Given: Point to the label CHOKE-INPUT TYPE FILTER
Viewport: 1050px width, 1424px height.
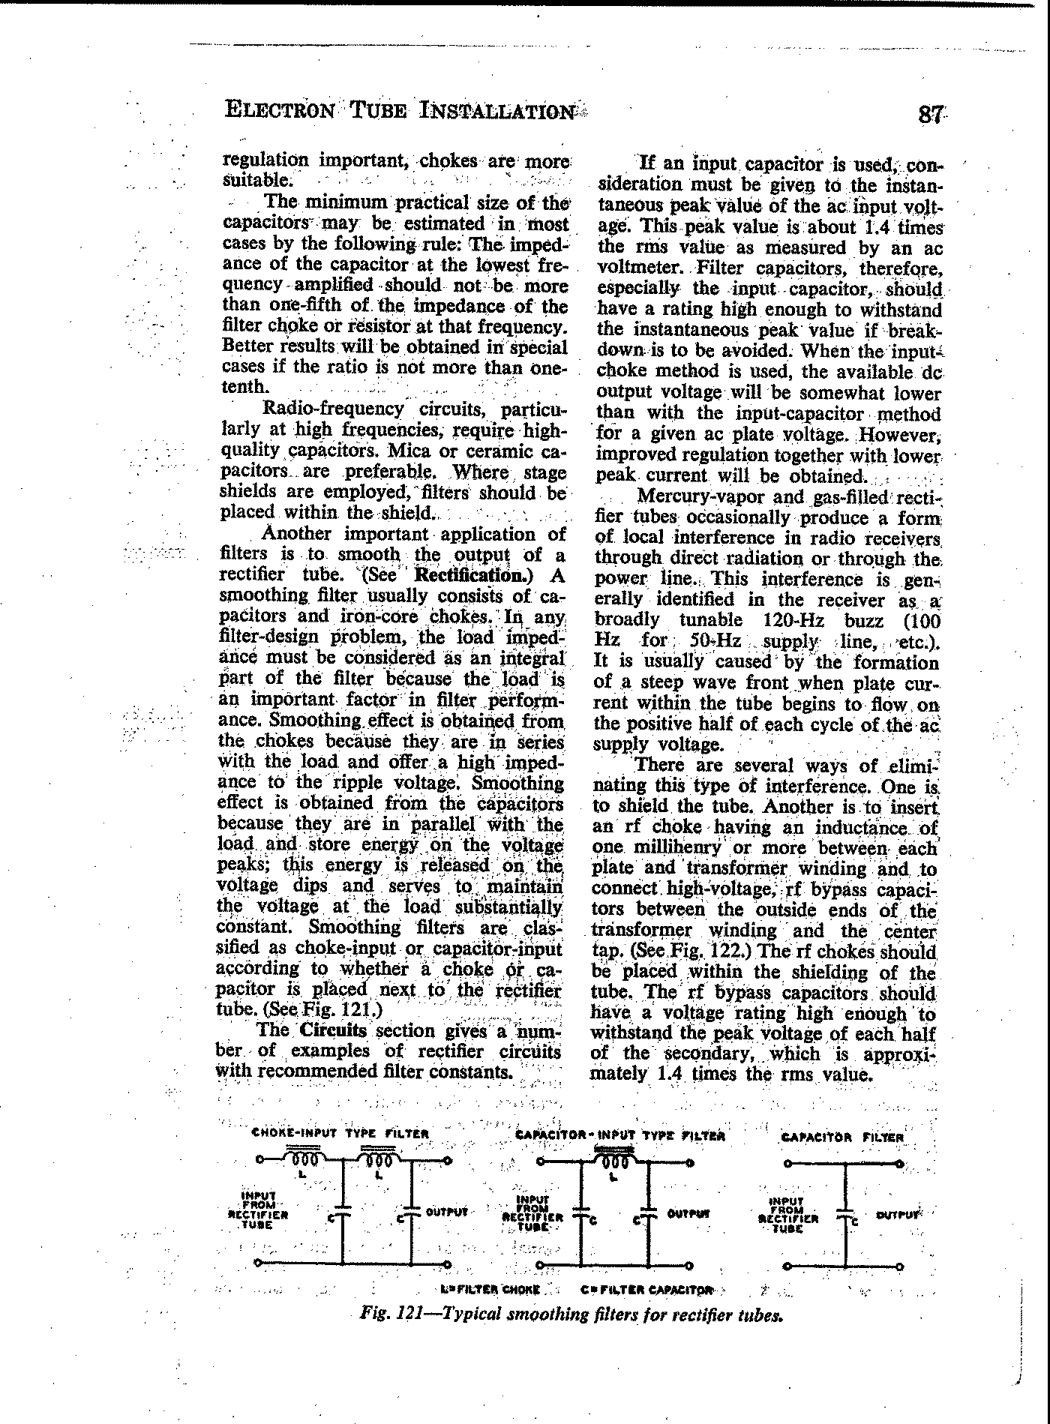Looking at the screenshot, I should tap(340, 1133).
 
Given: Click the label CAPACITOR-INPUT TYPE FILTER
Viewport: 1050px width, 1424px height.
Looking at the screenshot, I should tap(621, 1135).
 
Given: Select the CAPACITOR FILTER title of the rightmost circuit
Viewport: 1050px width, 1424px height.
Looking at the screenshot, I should tap(843, 1137).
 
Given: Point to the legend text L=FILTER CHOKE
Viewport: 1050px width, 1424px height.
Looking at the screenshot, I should tap(490, 1291).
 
